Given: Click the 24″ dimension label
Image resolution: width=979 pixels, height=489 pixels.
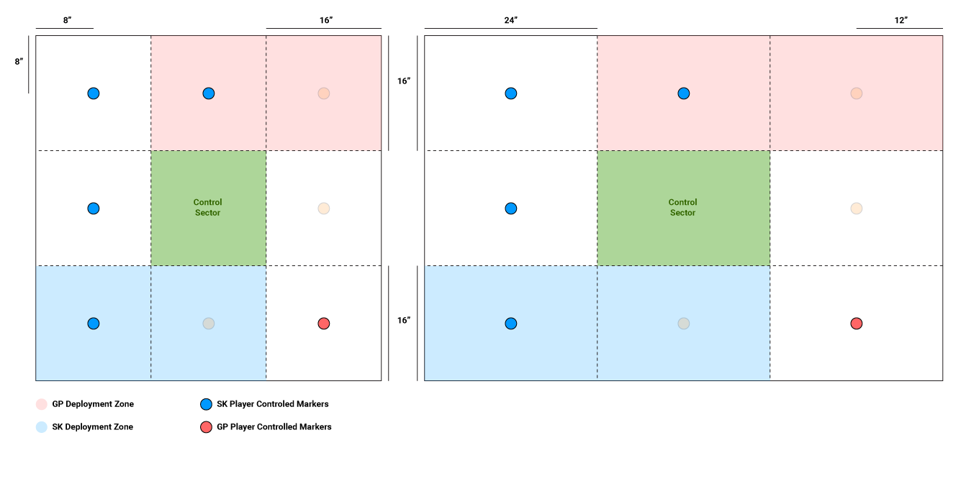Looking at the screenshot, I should pos(510,20).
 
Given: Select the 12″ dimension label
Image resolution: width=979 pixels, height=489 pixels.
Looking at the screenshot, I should pos(901,20).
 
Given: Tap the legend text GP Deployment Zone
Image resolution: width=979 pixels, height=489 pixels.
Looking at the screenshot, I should pos(93,404).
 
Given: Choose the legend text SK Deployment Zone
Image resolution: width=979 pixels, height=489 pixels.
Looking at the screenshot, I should pos(92,427).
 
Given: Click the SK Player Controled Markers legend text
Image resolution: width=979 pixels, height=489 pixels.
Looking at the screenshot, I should pos(273,404).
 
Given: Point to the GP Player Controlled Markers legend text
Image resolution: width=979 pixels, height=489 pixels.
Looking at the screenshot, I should pos(274,427).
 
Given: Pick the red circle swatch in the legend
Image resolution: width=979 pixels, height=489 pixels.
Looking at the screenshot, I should pos(206,427).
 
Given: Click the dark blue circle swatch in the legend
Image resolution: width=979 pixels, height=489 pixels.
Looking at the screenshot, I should pos(206,404).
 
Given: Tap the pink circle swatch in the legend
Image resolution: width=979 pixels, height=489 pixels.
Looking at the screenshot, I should pos(41,404).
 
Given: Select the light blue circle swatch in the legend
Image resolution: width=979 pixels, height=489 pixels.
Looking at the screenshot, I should pos(41,427).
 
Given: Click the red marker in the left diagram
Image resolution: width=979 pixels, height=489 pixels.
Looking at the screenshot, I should pos(323,324).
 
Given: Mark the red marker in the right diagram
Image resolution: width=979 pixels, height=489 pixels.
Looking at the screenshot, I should pos(856,324).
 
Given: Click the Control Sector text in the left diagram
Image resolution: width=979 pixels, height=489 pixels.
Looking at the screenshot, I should pos(208,208).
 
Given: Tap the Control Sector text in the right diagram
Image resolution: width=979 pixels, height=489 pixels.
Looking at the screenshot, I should pos(683,208).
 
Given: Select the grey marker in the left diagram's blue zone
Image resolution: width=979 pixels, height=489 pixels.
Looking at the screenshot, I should pos(208,324).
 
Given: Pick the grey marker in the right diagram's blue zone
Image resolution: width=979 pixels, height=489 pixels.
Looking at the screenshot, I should pos(683,324).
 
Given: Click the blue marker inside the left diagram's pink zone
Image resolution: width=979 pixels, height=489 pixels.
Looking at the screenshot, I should pos(208,93).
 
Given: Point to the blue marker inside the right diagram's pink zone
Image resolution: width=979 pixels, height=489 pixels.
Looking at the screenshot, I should pos(683,93).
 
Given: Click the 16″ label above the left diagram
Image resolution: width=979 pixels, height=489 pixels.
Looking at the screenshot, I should pos(326,20).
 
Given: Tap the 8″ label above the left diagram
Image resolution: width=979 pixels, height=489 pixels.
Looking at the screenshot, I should pos(67,20).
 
